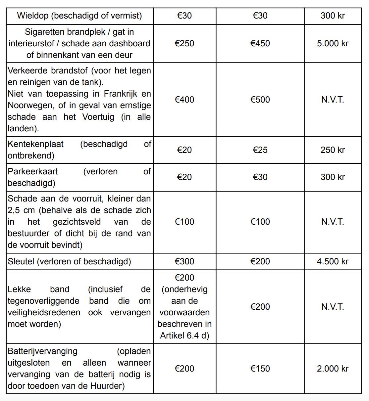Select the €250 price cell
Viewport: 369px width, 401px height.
click(x=184, y=43)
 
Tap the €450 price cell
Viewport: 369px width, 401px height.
click(x=260, y=43)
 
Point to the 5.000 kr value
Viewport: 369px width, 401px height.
click(x=333, y=43)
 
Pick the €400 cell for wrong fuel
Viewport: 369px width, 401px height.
click(x=184, y=100)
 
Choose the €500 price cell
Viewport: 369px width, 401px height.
click(x=260, y=100)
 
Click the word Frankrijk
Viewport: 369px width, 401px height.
click(x=121, y=94)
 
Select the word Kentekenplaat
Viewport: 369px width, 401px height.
click(x=35, y=144)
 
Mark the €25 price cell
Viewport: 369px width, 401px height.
click(x=260, y=150)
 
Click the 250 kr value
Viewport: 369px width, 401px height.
click(x=333, y=150)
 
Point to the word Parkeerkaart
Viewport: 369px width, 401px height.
click(x=32, y=171)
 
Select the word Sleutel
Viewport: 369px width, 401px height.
click(x=21, y=261)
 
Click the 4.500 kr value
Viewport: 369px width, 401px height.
click(x=333, y=261)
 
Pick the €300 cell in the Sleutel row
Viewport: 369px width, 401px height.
click(x=184, y=261)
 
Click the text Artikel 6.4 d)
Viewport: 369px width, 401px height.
click(x=184, y=335)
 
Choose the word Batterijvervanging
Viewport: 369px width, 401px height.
click(x=42, y=351)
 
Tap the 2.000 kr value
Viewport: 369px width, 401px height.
click(x=333, y=369)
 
